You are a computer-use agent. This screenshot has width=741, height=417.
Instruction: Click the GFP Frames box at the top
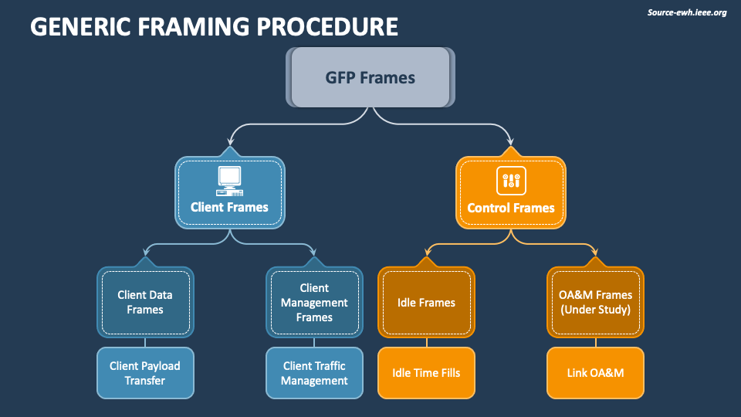tap(370, 77)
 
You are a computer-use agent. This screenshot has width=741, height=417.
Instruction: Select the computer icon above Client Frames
tap(229, 181)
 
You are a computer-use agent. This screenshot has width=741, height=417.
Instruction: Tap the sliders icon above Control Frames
tap(511, 181)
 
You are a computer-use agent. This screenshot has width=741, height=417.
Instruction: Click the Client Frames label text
tap(229, 207)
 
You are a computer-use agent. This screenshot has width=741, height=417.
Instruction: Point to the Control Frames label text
tap(511, 208)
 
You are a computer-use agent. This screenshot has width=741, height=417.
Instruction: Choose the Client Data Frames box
tap(145, 302)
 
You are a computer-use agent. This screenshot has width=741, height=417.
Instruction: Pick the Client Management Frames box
tap(314, 302)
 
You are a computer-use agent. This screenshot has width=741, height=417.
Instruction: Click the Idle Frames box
tap(426, 302)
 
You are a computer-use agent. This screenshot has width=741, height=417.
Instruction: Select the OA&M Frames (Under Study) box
tap(595, 302)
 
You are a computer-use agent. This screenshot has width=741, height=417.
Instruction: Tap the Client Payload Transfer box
tap(145, 373)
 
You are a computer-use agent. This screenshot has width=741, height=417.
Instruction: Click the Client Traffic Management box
tap(314, 373)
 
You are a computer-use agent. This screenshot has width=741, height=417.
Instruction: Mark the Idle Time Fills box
tap(426, 373)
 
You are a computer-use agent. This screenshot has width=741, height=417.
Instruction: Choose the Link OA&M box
tap(595, 373)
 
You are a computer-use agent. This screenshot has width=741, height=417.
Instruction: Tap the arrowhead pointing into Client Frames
tap(229, 144)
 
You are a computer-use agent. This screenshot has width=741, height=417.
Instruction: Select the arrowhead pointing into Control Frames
tap(511, 144)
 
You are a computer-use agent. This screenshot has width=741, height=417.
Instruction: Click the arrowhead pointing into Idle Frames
tap(426, 253)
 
